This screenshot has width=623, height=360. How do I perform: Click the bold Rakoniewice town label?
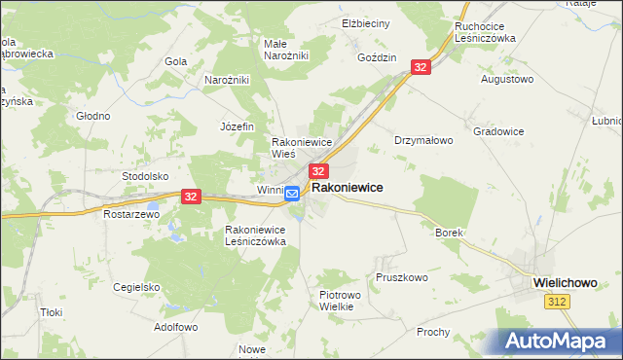tap(347, 187)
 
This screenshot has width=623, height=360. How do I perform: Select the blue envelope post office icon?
tap(292, 195)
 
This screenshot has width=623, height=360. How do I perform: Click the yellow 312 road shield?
tap(557, 304)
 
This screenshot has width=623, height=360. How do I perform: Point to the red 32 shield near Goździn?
tap(421, 67)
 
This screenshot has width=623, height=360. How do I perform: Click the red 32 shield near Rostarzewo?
tap(190, 197)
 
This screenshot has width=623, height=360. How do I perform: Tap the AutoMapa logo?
tap(560, 341)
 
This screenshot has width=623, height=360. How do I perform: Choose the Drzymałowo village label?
tap(423, 140)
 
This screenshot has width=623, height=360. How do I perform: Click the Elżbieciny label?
tap(366, 22)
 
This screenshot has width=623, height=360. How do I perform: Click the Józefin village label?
tap(237, 126)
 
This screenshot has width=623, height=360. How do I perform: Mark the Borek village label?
tap(449, 234)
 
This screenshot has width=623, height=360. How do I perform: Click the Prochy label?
tap(433, 332)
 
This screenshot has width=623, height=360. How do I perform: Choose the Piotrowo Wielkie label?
tap(341, 300)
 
